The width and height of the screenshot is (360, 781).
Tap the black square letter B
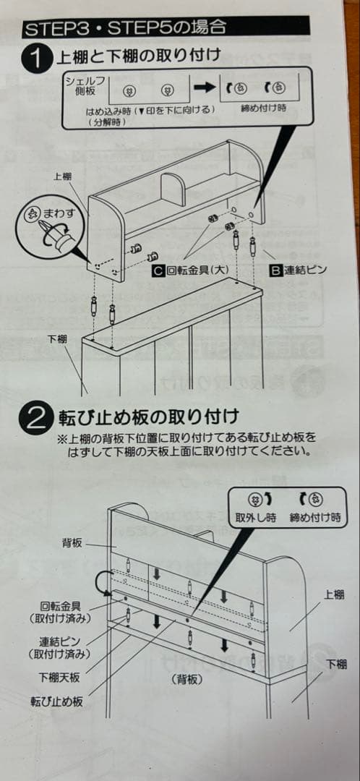pyautogui.click(x=275, y=270)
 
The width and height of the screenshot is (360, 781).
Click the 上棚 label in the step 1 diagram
pyautogui.click(x=63, y=176)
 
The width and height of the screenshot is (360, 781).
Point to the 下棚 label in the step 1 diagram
pyautogui.click(x=57, y=339)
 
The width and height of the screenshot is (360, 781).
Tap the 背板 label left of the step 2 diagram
pyautogui.click(x=72, y=542)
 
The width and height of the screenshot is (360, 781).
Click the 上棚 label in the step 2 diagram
pyautogui.click(x=334, y=594)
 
